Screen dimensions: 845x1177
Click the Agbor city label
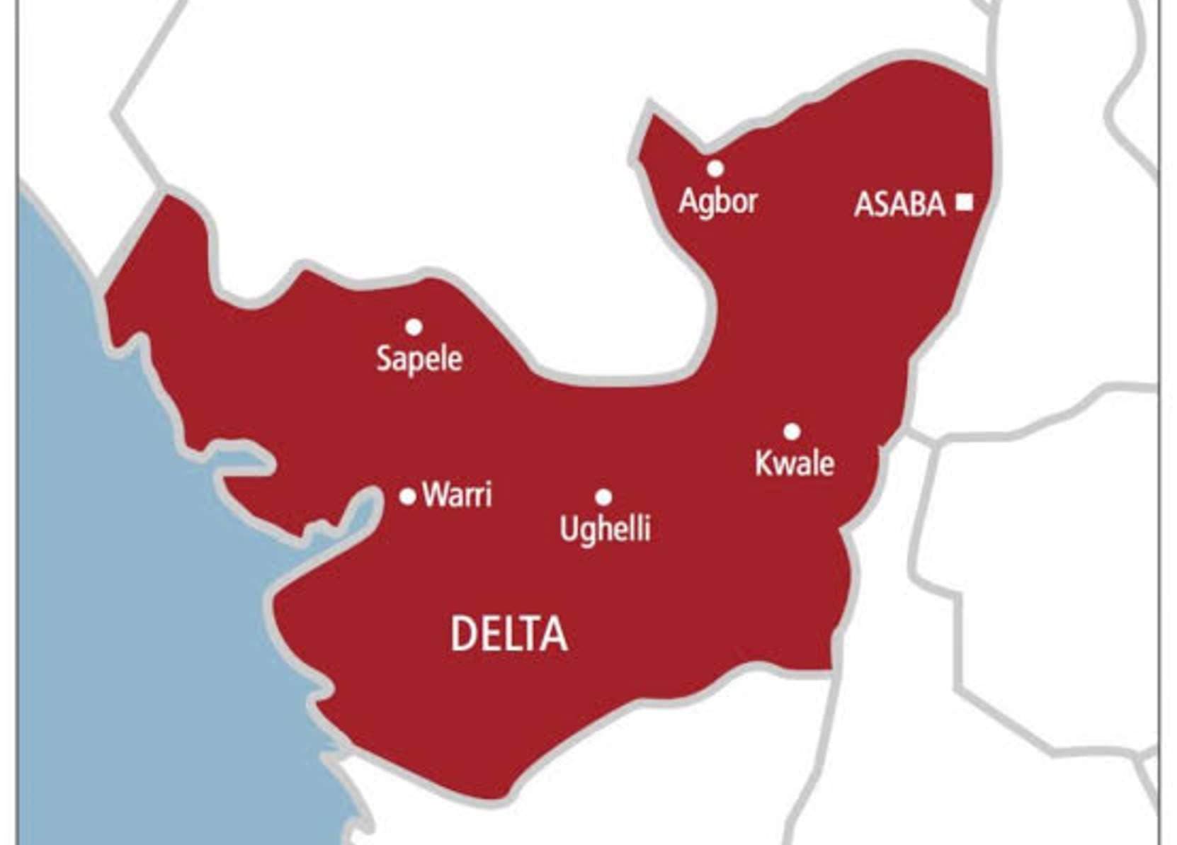(x=717, y=201)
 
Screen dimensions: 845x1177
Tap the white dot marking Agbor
(x=715, y=169)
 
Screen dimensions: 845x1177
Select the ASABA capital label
(x=899, y=205)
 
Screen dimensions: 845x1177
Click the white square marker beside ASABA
(x=963, y=203)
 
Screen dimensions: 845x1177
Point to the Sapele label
(x=419, y=359)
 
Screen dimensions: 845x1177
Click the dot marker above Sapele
(x=414, y=327)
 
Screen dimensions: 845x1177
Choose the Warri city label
(x=457, y=494)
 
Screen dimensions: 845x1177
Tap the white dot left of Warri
(x=407, y=497)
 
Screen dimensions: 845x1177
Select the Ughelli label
(x=605, y=529)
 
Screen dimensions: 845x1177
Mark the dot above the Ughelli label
(x=603, y=497)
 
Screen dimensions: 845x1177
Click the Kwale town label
(x=795, y=463)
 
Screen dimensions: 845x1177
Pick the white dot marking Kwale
(x=792, y=431)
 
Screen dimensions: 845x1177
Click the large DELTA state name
(x=509, y=634)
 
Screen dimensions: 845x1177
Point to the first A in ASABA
(x=865, y=205)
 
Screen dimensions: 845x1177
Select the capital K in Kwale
(x=763, y=463)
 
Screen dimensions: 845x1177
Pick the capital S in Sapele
(x=384, y=358)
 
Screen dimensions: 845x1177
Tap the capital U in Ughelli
(x=568, y=528)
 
